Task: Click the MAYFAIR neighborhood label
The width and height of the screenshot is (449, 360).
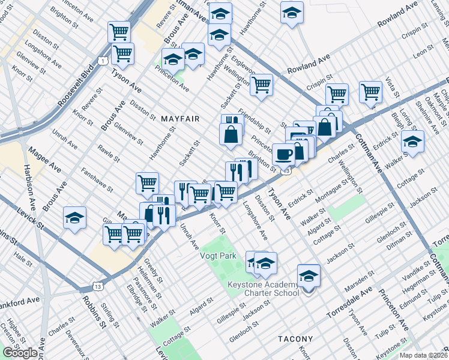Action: tap(180, 119)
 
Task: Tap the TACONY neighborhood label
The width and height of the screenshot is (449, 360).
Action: tap(296, 339)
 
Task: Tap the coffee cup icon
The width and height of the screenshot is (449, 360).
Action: tap(283, 154)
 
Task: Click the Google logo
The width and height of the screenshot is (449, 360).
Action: tap(20, 353)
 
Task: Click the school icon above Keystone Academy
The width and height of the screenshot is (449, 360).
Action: tap(309, 276)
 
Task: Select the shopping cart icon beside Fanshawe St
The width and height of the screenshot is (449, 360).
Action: tap(147, 184)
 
